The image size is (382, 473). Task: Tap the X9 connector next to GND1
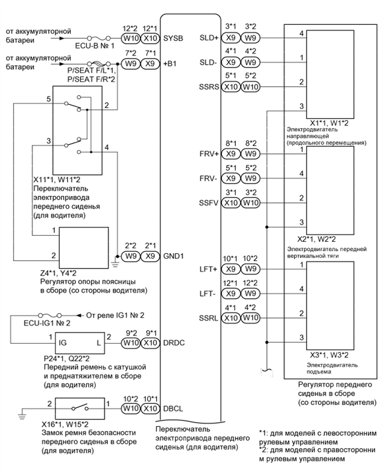(148, 258)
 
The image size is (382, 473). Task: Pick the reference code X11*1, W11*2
(60, 181)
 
